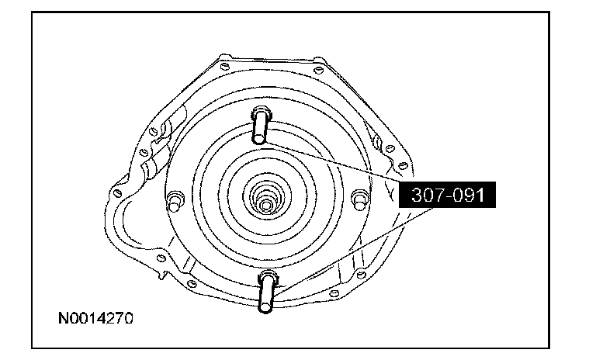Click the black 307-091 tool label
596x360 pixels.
coord(447,195)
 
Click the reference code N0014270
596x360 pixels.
coord(95,318)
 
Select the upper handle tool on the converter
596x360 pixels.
coord(261,125)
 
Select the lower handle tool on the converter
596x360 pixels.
coord(268,291)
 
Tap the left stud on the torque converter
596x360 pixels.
coord(175,201)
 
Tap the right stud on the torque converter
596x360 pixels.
coord(359,200)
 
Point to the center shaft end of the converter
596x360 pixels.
coord(266,206)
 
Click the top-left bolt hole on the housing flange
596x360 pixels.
coord(224,67)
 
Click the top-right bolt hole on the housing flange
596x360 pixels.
coord(318,70)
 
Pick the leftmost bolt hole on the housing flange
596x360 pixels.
coord(117,193)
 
